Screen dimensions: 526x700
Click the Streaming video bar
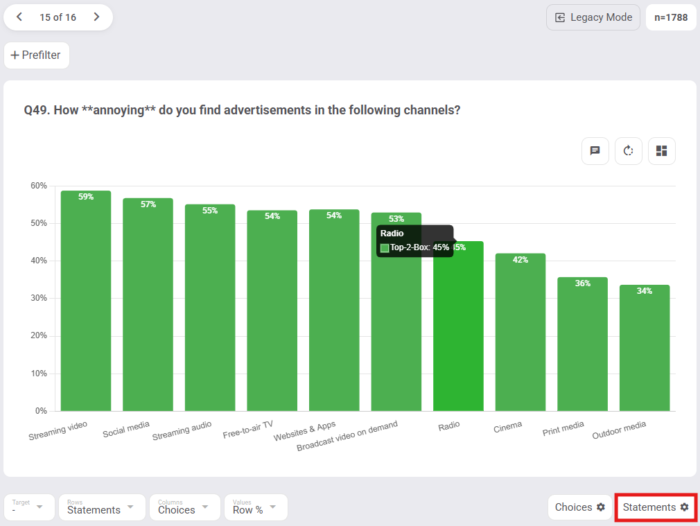(86, 301)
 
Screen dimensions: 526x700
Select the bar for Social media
(148, 305)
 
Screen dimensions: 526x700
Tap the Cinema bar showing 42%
(520, 333)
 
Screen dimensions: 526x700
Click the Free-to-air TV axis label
(248, 430)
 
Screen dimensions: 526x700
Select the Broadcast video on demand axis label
(347, 436)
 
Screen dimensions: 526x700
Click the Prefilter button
(37, 55)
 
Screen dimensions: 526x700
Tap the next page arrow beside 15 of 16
(96, 17)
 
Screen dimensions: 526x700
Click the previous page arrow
(19, 17)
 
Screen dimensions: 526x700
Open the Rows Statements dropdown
(102, 507)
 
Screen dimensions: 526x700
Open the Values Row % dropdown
(255, 507)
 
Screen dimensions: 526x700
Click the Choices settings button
(579, 507)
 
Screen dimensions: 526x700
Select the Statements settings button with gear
(656, 507)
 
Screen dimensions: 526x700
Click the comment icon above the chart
(595, 150)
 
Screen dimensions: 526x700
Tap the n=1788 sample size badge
(671, 17)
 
